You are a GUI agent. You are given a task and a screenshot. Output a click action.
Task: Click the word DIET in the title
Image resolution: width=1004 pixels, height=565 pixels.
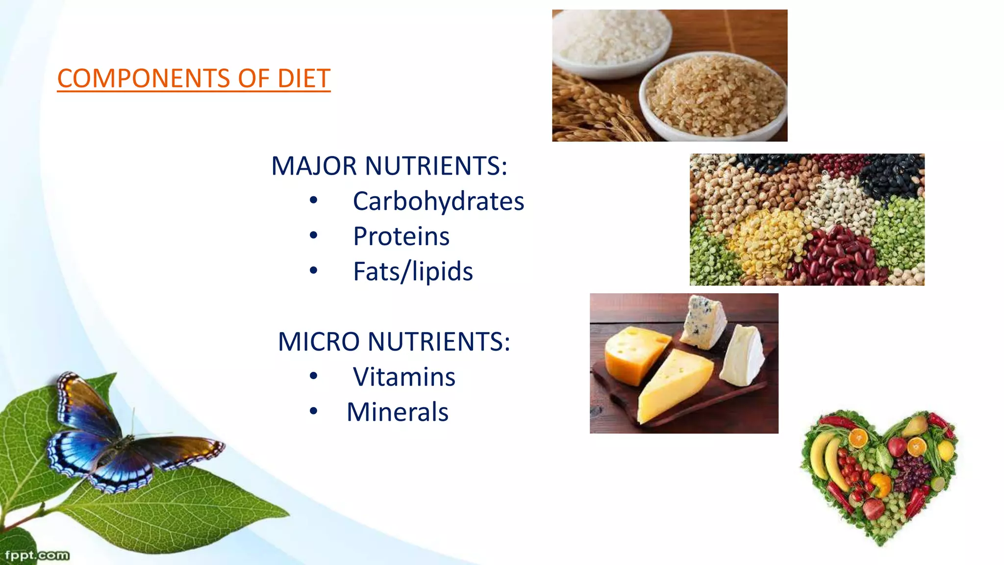tap(303, 78)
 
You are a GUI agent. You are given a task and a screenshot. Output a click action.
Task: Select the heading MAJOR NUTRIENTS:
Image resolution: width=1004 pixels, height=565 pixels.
tap(389, 166)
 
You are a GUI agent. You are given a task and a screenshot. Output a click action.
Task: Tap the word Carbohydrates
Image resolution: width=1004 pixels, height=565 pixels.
tap(438, 202)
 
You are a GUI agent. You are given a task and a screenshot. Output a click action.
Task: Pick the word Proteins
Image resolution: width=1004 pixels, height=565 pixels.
tap(401, 237)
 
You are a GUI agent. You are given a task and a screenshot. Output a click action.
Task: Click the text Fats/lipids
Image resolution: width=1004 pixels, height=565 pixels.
tap(413, 272)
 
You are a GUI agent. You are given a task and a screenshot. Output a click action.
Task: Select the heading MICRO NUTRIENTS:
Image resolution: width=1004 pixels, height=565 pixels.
tap(394, 341)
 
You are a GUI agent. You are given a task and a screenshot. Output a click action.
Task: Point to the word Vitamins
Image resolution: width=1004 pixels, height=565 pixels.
tap(404, 377)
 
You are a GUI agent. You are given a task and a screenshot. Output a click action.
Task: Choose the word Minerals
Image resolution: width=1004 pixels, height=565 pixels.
tap(397, 412)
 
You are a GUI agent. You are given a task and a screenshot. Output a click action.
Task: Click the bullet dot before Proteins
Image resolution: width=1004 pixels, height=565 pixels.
tap(314, 236)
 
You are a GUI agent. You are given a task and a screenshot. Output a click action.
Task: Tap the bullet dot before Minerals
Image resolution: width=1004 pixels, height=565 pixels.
tap(314, 411)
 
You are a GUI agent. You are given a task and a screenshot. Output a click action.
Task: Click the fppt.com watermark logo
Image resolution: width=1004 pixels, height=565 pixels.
tap(37, 555)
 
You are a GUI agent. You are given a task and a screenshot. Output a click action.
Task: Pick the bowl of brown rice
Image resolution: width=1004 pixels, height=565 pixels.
tap(713, 96)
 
